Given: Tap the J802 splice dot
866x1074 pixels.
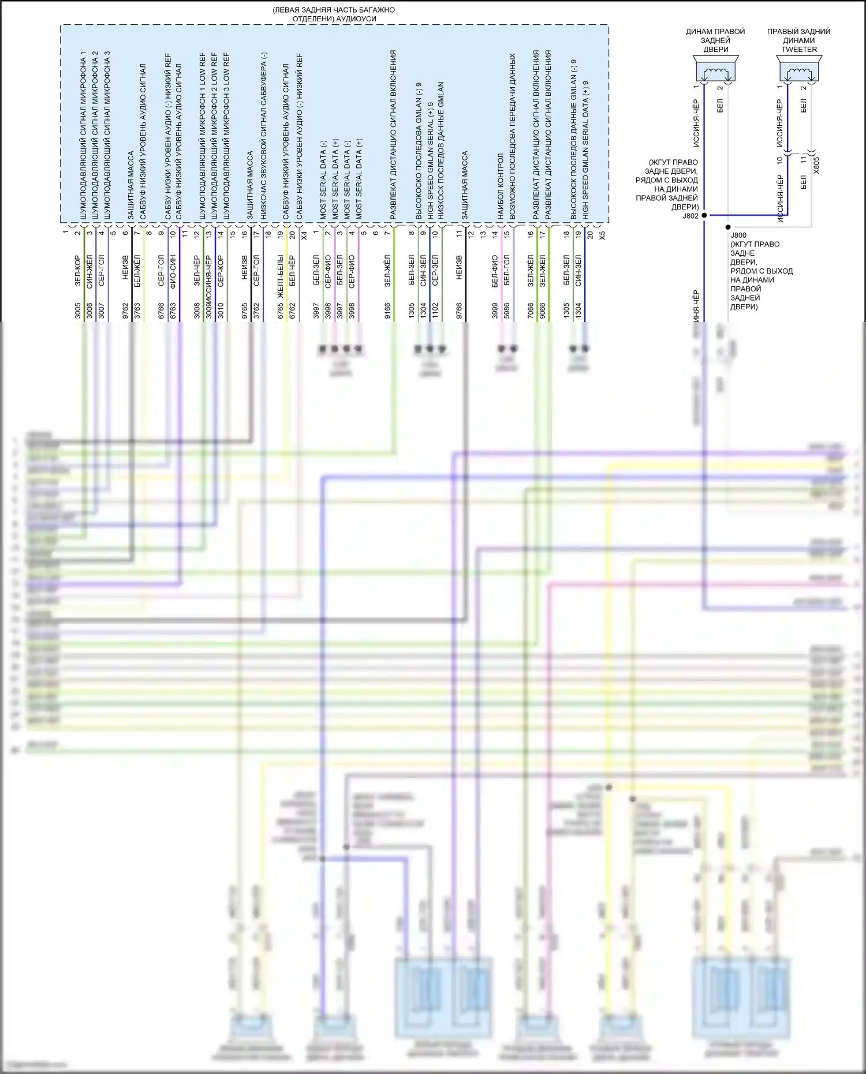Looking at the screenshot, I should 704,215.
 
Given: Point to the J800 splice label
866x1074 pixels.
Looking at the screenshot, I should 738,235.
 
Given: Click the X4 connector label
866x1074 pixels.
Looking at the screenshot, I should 304,235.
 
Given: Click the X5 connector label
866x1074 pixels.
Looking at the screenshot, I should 602,235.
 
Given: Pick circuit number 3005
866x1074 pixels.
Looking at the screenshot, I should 77,310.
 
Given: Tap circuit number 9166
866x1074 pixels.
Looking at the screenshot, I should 387,310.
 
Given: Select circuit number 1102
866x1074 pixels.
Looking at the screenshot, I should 435,310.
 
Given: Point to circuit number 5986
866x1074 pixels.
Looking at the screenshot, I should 507,310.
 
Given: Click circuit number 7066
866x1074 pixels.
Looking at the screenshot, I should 531,310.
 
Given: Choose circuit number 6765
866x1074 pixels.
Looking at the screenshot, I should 281,310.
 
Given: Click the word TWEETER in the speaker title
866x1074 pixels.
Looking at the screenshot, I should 799,50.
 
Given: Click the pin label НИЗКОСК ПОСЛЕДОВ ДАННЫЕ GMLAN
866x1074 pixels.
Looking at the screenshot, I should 441,150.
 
